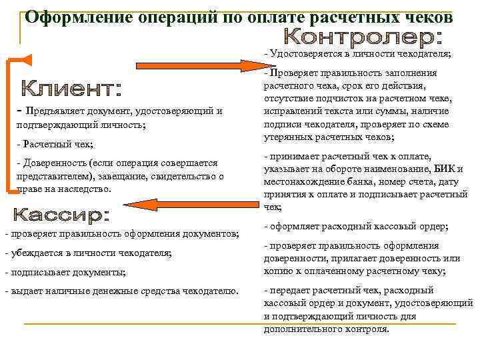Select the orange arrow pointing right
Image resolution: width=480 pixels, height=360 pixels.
(x=200, y=65)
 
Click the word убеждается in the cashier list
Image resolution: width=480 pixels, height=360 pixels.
(x=33, y=253)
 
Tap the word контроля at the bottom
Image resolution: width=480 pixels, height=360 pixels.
(x=363, y=329)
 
